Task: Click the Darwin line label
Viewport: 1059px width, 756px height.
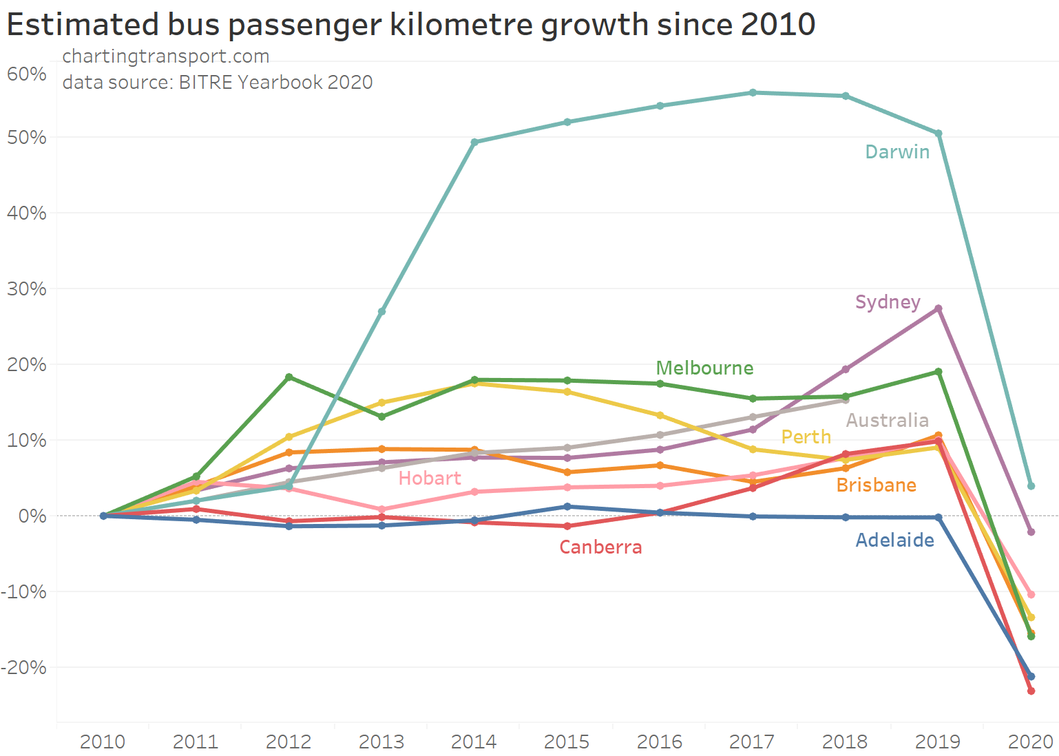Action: click(897, 152)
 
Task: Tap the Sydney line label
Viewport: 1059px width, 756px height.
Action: click(888, 302)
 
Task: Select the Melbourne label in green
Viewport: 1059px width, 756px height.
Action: click(704, 368)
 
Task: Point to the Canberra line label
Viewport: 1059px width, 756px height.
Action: click(600, 547)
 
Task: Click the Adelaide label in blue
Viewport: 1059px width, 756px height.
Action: click(894, 540)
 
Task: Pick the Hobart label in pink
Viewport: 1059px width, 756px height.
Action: click(430, 479)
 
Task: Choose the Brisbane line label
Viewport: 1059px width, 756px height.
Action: click(876, 485)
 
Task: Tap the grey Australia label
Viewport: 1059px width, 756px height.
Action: click(887, 421)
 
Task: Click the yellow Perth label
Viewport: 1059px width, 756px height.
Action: click(806, 437)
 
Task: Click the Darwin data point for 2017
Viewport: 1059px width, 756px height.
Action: click(753, 93)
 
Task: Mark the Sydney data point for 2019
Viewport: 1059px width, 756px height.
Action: click(938, 308)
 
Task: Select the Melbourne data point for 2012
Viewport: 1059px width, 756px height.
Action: click(289, 377)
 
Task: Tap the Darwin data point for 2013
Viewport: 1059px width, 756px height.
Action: click(381, 312)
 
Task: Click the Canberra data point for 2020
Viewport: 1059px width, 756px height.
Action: click(1031, 691)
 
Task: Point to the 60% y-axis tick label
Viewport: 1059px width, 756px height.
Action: click(27, 74)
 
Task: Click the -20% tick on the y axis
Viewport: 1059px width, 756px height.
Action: click(24, 667)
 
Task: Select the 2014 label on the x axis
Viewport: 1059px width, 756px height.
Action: click(474, 742)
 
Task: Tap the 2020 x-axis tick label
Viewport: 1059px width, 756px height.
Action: click(1030, 742)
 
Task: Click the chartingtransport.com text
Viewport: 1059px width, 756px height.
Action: click(165, 56)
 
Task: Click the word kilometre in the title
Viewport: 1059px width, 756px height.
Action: click(461, 25)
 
